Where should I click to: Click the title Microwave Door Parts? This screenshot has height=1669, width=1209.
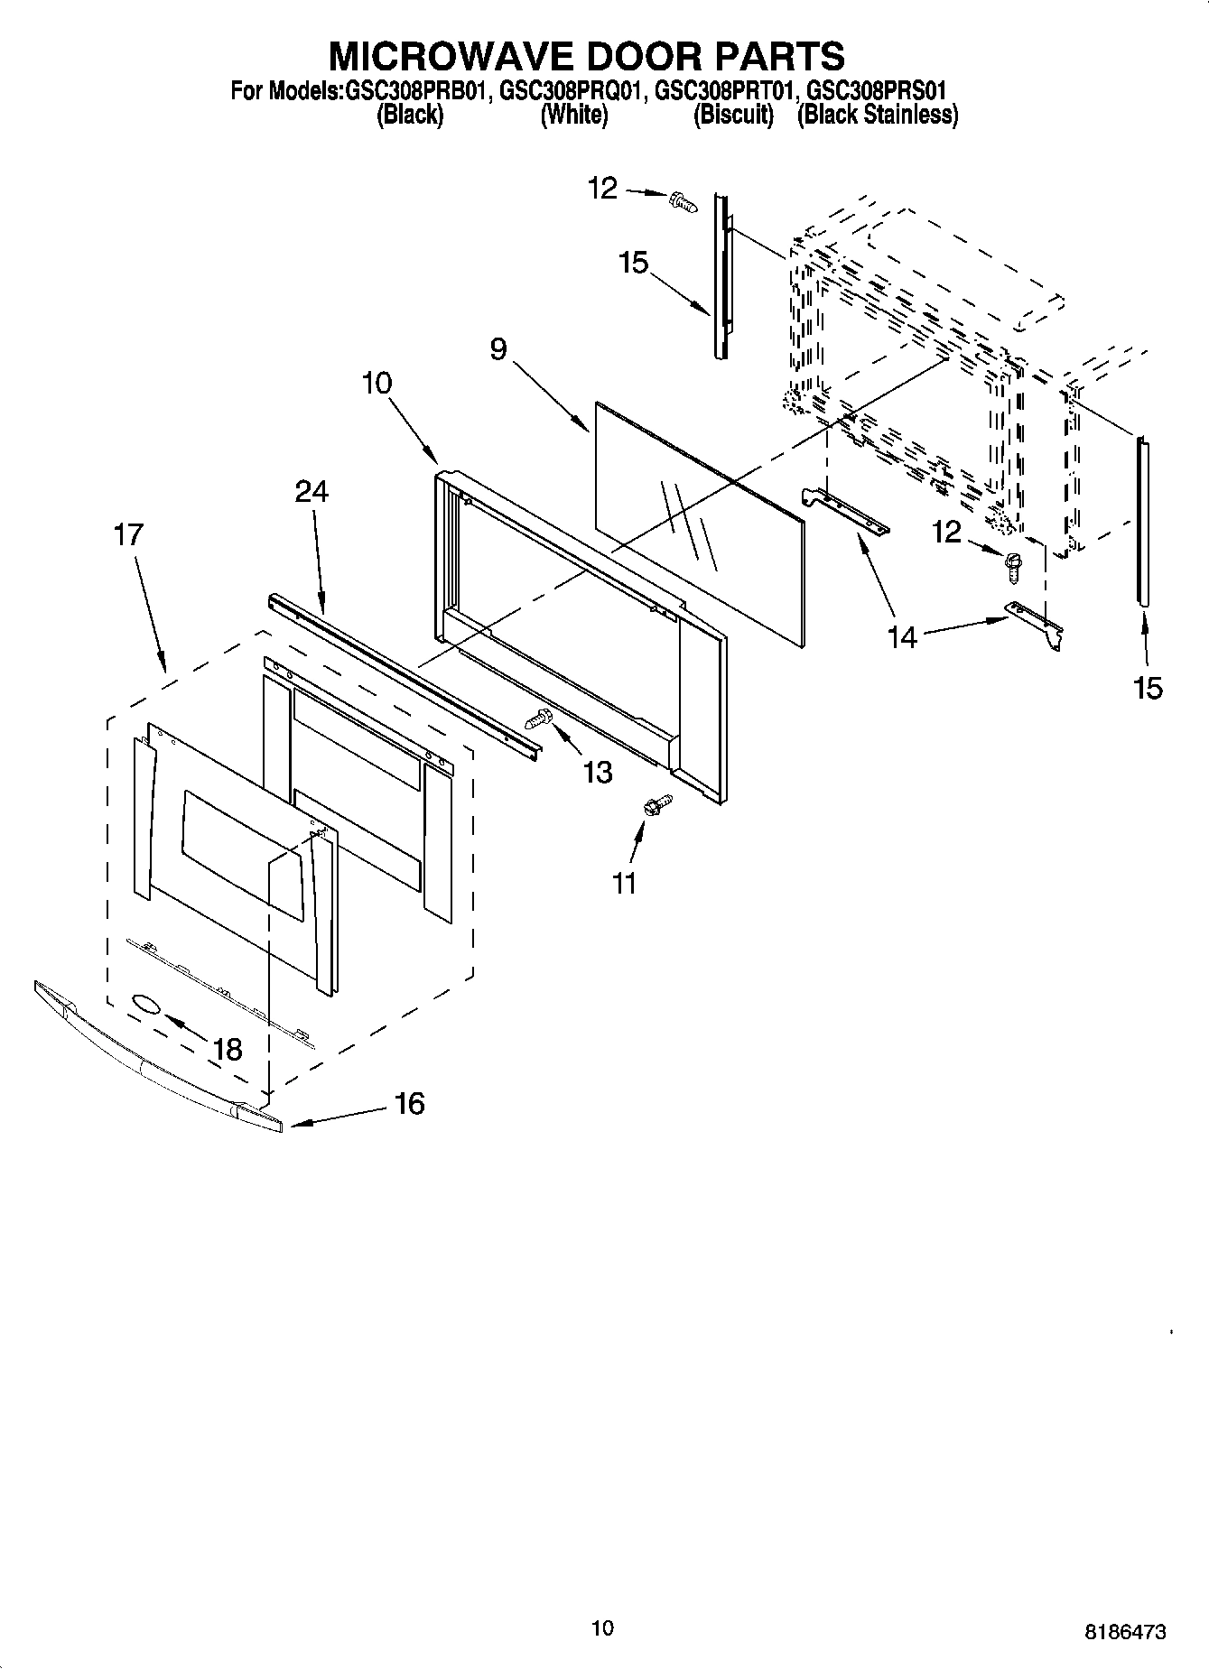tap(587, 56)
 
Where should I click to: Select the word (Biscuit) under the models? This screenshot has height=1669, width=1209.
tap(733, 115)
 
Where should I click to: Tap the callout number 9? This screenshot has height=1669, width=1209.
tap(499, 348)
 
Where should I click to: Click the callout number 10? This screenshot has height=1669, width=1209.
tap(377, 383)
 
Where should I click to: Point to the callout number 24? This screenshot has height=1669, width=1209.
tap(312, 491)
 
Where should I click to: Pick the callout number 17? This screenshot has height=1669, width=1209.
tap(128, 534)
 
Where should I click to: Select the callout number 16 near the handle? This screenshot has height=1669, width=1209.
tap(410, 1103)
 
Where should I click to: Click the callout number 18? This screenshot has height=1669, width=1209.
tap(228, 1049)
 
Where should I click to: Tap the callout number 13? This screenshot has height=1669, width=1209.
tap(598, 772)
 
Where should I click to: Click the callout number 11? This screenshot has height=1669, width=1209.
tap(624, 883)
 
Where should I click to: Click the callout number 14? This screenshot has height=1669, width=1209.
tap(901, 637)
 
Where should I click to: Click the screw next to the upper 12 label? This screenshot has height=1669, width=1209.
tap(684, 201)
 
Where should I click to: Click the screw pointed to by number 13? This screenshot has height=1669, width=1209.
tap(539, 720)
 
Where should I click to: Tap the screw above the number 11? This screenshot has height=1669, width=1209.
tap(656, 803)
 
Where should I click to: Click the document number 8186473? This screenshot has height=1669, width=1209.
tap(1125, 1632)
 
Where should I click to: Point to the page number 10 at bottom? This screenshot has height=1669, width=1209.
tap(602, 1627)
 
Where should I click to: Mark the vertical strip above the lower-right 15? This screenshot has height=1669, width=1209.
tap(1144, 520)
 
